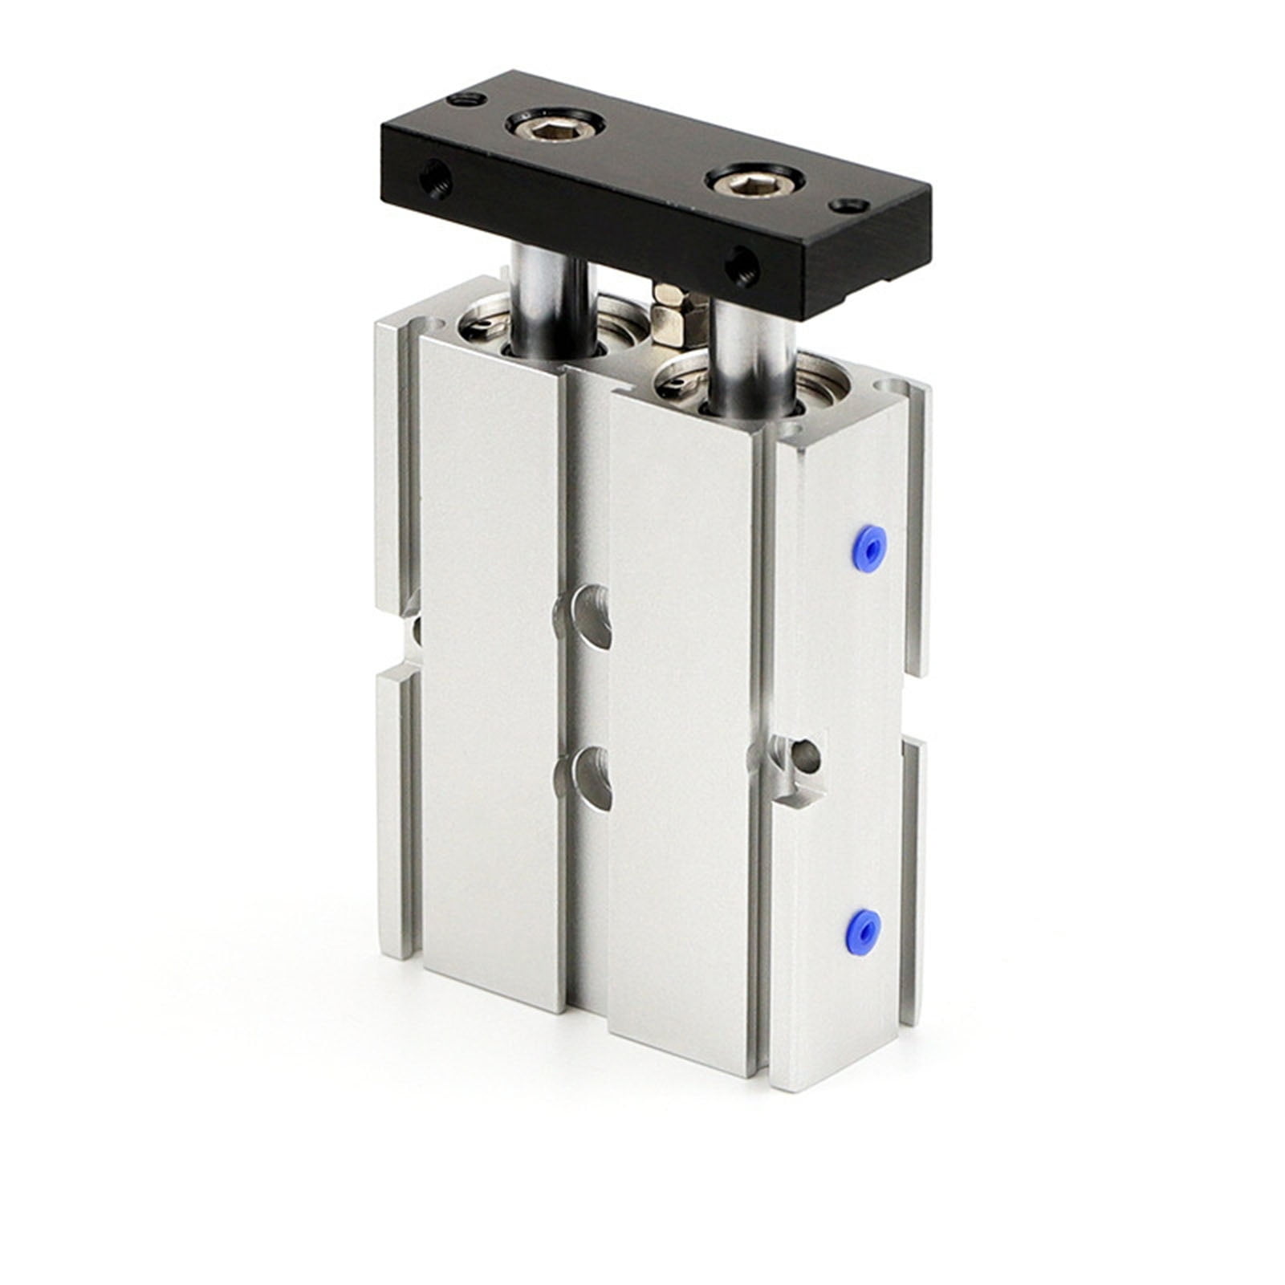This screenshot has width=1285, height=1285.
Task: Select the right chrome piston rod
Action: coord(750,353)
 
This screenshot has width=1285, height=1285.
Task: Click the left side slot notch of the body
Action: coord(409,631)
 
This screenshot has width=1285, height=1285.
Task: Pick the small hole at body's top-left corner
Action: coord(434,326)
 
